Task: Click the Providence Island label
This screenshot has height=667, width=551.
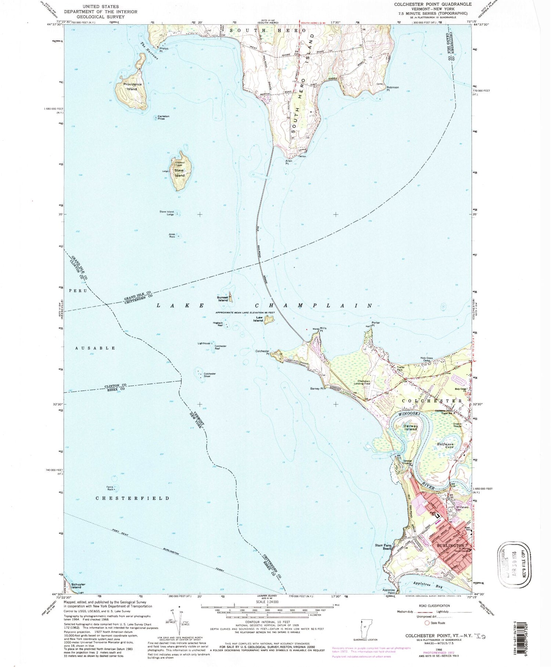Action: point(132,87)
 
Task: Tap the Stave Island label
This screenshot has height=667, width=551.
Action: point(179,173)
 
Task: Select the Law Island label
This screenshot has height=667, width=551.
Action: point(258,319)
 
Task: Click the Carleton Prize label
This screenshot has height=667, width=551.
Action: point(163,118)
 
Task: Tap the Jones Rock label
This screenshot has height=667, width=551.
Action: point(172,236)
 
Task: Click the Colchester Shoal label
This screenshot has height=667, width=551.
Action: point(210,375)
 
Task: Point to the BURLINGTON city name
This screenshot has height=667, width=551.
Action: point(450,546)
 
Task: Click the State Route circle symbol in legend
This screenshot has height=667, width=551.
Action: point(427,623)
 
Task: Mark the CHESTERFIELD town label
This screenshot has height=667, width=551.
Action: point(133,498)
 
